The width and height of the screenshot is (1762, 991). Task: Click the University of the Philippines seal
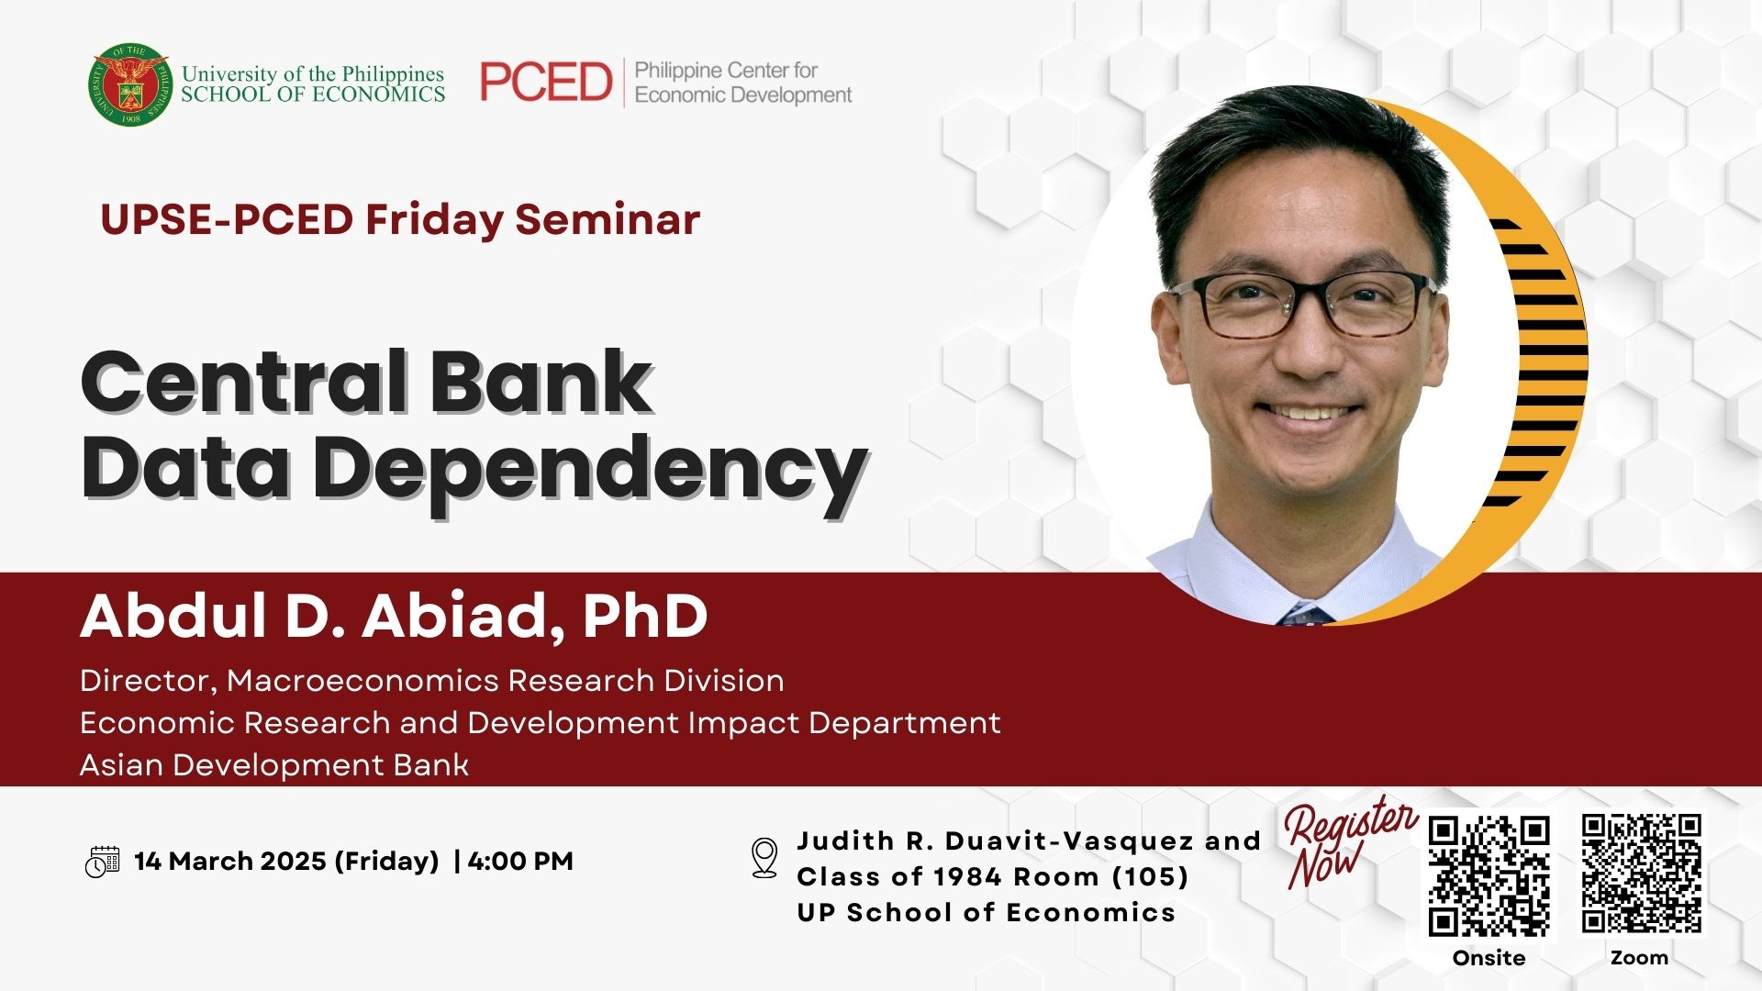(129, 84)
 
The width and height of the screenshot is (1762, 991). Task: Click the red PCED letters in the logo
(546, 83)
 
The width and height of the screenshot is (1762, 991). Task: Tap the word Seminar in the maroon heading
(608, 219)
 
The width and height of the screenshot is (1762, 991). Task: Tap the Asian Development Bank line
(274, 765)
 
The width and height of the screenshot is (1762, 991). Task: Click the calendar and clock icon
(102, 862)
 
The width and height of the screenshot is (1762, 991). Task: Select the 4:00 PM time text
(520, 862)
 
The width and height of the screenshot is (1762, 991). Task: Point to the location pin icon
(764, 858)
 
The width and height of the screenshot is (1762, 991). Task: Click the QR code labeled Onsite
(1489, 875)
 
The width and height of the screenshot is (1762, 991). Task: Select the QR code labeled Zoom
(1641, 873)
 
